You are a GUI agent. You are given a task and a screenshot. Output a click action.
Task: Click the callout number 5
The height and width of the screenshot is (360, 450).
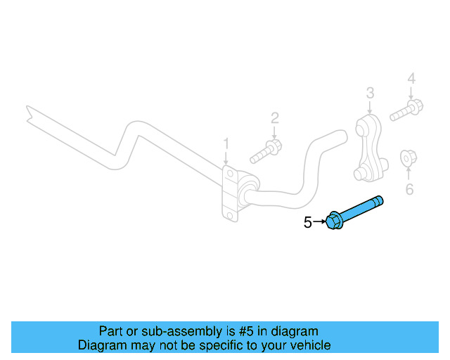307,223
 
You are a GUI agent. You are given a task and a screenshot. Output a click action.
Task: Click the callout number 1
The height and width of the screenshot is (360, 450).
226,143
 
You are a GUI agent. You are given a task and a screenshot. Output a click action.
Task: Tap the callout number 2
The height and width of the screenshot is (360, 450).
275,117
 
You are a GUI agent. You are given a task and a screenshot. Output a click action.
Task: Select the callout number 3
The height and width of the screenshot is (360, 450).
370,92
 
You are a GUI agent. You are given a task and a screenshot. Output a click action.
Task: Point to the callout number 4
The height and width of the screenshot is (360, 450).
411,78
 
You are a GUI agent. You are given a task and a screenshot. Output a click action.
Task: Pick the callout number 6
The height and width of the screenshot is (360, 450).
409,188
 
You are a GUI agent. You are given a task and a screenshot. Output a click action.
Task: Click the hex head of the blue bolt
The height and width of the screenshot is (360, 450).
334,221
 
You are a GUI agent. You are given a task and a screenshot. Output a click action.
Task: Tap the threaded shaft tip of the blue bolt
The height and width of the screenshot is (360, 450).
380,200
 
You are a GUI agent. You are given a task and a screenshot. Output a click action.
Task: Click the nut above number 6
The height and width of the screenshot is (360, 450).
406,159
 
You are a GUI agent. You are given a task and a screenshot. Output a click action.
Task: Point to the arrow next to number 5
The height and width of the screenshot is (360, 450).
319,223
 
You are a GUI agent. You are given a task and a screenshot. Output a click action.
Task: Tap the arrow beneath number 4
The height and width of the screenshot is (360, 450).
411,92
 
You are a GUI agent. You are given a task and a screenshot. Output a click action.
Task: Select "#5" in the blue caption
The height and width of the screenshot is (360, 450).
242,331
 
